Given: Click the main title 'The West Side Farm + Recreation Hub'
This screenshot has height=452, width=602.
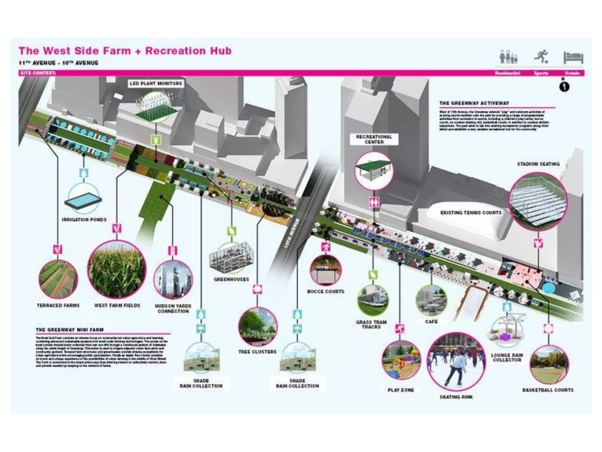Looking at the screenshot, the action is pyautogui.click(x=125, y=51).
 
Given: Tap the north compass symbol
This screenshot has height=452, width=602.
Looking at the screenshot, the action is pyautogui.click(x=564, y=87).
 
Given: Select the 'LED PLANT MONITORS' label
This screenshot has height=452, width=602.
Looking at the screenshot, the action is pyautogui.click(x=156, y=84).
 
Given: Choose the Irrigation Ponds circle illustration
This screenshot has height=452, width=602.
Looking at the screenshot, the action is pyautogui.click(x=84, y=199).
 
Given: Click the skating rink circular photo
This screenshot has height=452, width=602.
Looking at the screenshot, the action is pyautogui.click(x=456, y=362).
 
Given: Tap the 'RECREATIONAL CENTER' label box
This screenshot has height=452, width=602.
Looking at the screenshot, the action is pyautogui.click(x=374, y=139).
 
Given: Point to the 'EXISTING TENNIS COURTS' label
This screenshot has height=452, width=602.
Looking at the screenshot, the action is pyautogui.click(x=471, y=212).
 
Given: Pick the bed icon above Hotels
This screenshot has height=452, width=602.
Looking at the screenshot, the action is pyautogui.click(x=573, y=58).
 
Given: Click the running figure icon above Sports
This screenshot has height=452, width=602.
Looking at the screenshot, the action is pyautogui.click(x=541, y=57).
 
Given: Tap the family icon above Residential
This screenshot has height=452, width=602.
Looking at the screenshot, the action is pyautogui.click(x=508, y=57).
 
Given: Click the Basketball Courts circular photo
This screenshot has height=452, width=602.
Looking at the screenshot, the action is pyautogui.click(x=549, y=365).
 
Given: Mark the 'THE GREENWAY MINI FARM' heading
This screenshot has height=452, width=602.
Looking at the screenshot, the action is pyautogui.click(x=70, y=330).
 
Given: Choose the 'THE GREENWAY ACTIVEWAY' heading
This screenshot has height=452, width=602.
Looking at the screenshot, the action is pyautogui.click(x=474, y=103).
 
